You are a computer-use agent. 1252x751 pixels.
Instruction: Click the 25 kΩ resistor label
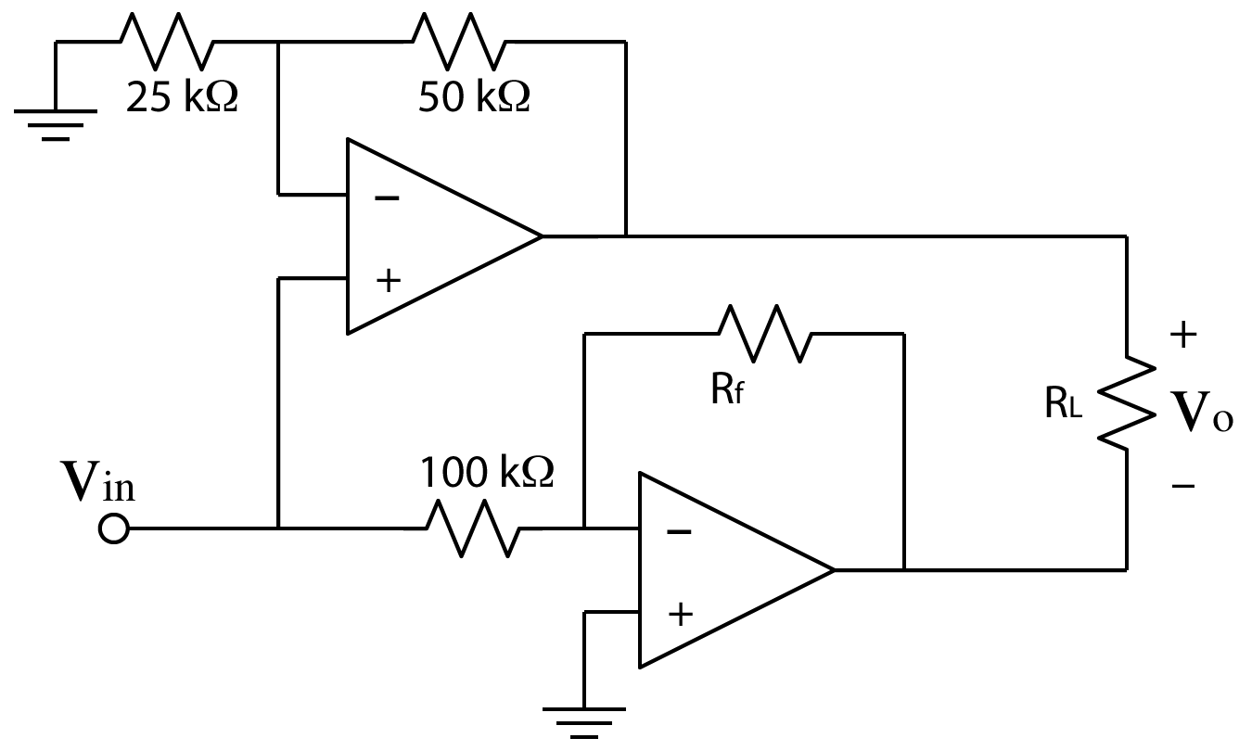coord(182,97)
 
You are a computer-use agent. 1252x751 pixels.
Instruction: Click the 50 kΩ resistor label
coord(474,97)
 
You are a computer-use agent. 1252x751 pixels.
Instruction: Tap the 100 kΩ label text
coord(487,473)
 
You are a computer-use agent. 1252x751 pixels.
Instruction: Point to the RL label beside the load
coord(1063,406)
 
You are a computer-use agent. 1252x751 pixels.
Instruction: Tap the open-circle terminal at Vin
coord(113,530)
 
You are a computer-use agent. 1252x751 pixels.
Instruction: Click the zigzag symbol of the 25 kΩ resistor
coord(168,42)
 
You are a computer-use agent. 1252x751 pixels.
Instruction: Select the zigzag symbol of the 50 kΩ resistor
coord(459,42)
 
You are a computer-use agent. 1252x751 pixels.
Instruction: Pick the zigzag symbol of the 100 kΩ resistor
coord(473,529)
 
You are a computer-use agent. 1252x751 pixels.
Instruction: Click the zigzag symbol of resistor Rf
coord(765,334)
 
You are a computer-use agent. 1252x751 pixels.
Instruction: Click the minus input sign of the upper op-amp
coord(387,198)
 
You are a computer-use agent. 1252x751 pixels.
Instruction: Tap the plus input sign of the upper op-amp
coord(387,281)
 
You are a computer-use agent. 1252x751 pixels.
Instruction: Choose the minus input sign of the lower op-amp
coord(679,532)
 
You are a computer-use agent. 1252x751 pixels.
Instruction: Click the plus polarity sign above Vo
coord(1183,336)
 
